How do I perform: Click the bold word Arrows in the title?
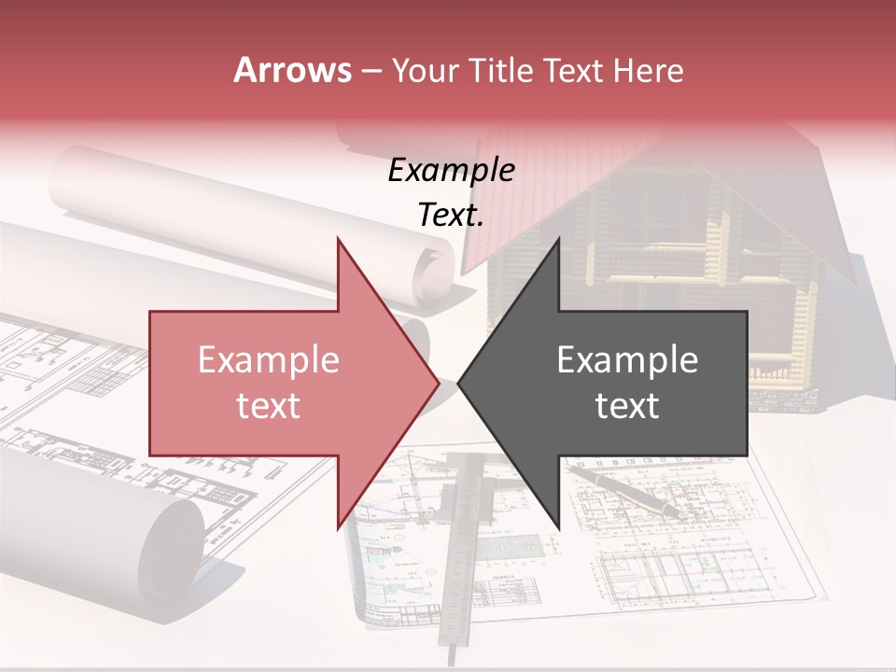(292, 70)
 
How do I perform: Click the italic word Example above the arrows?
(451, 171)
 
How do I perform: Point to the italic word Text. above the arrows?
(451, 216)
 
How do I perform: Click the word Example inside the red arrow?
(269, 360)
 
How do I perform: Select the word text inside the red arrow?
(269, 406)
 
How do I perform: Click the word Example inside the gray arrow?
(627, 360)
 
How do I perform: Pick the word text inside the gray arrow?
(627, 406)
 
